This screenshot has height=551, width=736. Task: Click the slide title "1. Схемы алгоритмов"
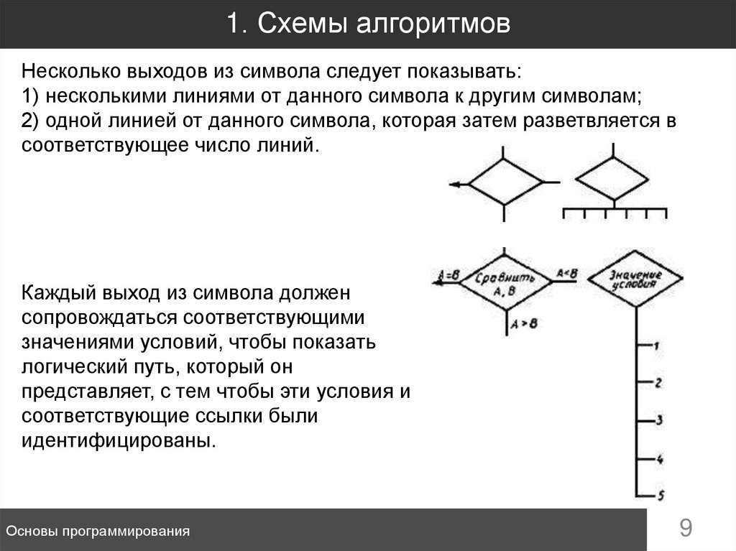[368, 24]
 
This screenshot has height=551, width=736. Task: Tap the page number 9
[686, 529]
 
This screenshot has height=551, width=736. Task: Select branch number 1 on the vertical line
[656, 346]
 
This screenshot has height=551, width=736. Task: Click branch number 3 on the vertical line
[658, 420]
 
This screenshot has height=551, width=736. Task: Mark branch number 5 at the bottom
[659, 494]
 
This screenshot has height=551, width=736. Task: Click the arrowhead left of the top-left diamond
[455, 185]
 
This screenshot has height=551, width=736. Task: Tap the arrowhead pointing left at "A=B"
[436, 283]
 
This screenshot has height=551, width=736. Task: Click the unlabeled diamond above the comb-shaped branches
[612, 177]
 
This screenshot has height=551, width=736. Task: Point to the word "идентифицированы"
[119, 440]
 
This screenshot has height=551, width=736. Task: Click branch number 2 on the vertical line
[658, 383]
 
